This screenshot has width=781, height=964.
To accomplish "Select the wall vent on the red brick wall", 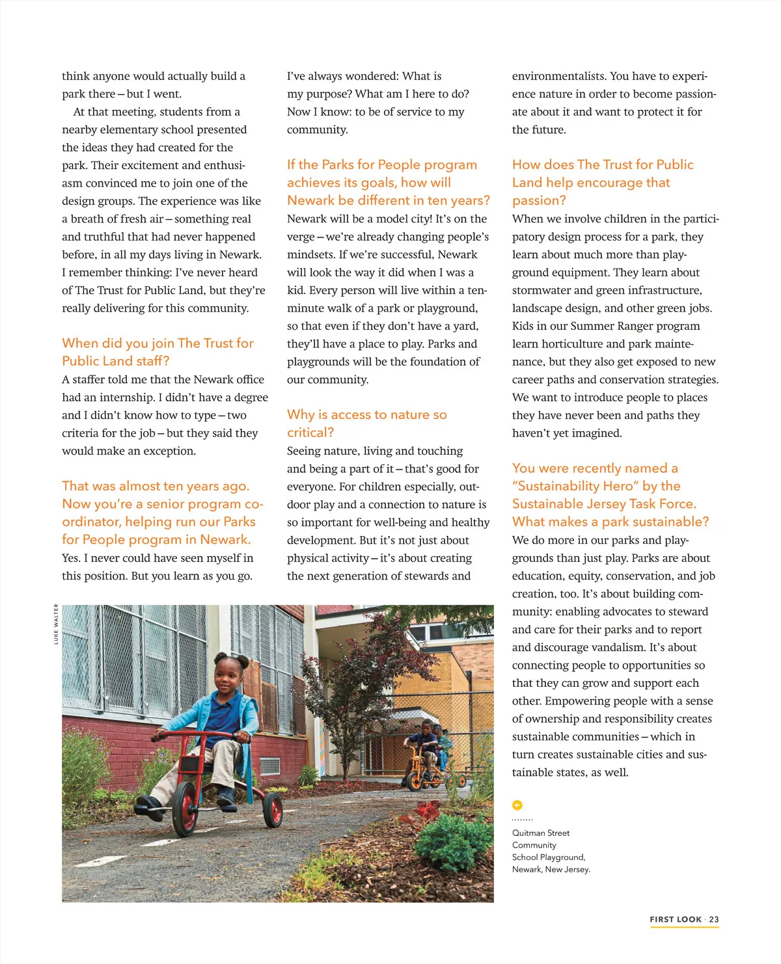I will (x=269, y=765).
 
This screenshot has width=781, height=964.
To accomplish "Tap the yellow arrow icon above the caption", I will (x=517, y=805).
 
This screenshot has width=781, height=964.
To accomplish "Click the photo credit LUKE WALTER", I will (x=56, y=624).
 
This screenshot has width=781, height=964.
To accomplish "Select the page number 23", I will (x=714, y=919).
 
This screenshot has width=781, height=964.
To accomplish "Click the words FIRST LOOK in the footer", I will (x=676, y=919).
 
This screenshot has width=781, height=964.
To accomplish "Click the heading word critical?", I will (x=310, y=433).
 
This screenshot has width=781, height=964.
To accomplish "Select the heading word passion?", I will (x=539, y=200).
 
